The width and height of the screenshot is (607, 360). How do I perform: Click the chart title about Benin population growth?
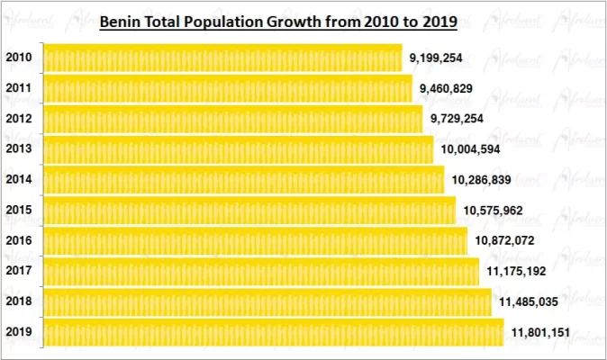click(x=277, y=20)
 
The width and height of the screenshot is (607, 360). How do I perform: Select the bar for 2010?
click(x=222, y=58)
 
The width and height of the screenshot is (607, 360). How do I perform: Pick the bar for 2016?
click(x=256, y=241)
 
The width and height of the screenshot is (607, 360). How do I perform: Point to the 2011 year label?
click(x=19, y=88)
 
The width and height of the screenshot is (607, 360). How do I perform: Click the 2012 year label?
click(x=19, y=119)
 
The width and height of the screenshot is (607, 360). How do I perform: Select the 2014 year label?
click(x=19, y=179)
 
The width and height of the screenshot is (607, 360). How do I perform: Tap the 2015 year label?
click(x=19, y=210)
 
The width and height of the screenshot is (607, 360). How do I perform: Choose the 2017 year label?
click(x=19, y=270)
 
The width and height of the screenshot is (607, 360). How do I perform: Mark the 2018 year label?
click(x=19, y=301)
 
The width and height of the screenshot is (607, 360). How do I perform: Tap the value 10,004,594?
click(x=470, y=149)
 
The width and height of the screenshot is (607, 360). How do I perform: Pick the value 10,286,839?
click(x=482, y=180)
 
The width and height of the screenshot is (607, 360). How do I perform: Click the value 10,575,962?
click(x=494, y=211)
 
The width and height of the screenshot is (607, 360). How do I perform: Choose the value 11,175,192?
click(x=517, y=271)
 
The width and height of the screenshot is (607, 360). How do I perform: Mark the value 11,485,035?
click(x=529, y=301)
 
